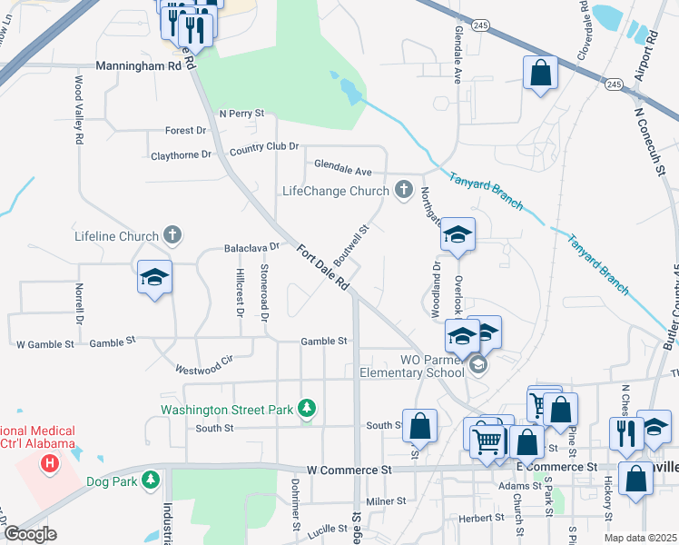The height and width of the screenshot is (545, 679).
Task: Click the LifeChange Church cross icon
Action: pyautogui.click(x=405, y=191)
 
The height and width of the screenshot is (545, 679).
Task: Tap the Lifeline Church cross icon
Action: pyautogui.click(x=172, y=236)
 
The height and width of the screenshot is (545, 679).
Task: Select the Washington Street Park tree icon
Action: pyautogui.click(x=308, y=409)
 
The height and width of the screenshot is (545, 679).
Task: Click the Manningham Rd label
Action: pyautogui.click(x=139, y=66)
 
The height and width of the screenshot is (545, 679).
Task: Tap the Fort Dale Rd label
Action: pyautogui.click(x=320, y=270)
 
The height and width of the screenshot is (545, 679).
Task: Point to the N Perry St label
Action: pyautogui.click(x=241, y=114)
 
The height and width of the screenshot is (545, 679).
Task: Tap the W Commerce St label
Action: pyautogui.click(x=349, y=470)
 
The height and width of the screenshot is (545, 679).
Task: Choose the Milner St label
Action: pyautogui.click(x=386, y=500)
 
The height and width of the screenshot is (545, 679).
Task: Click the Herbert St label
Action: pyautogui.click(x=482, y=518)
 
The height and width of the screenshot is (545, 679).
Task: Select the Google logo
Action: pyautogui.click(x=30, y=534)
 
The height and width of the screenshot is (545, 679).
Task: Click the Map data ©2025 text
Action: pyautogui.click(x=641, y=538)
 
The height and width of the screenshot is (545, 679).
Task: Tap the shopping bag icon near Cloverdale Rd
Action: pyautogui.click(x=540, y=75)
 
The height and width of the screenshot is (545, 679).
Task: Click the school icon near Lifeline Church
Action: pyautogui.click(x=154, y=277)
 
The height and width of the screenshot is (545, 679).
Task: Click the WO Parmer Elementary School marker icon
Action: pyautogui.click(x=478, y=365)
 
